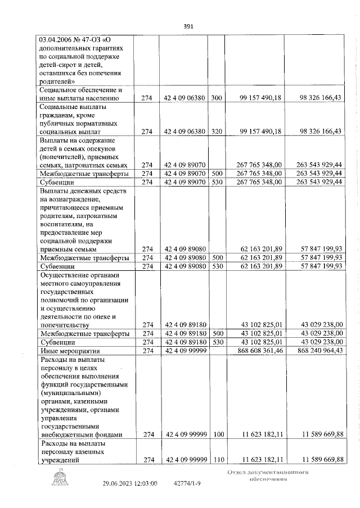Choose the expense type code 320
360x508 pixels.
tap(217, 131)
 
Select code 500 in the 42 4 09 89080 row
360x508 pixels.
tap(217, 257)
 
